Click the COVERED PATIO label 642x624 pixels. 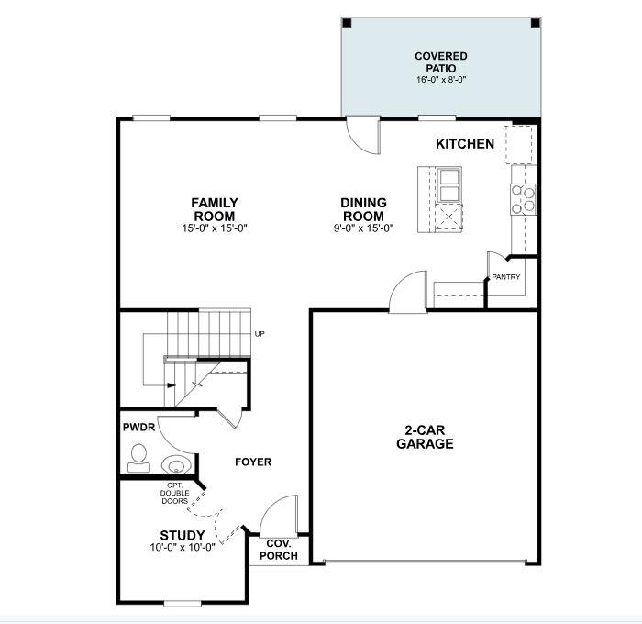pos(440,62)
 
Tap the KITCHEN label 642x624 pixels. pos(465,144)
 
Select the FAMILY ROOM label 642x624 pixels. pos(215,208)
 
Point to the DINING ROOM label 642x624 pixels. pos(363,208)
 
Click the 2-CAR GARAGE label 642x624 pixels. pos(425,437)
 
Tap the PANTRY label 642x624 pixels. pos(505,276)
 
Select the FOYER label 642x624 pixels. pos(253,462)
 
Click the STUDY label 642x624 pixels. pos(183,535)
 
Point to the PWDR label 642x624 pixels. pos(138,428)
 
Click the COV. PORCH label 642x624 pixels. pos(278,550)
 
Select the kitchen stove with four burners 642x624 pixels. pos(523,200)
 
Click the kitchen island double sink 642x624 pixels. pos(449,184)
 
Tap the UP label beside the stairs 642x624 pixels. pos(260,334)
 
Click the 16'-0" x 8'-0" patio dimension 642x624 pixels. pos(440,80)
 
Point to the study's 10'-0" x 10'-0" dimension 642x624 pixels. pos(183,548)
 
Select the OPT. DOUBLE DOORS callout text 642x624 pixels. pos(174,493)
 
